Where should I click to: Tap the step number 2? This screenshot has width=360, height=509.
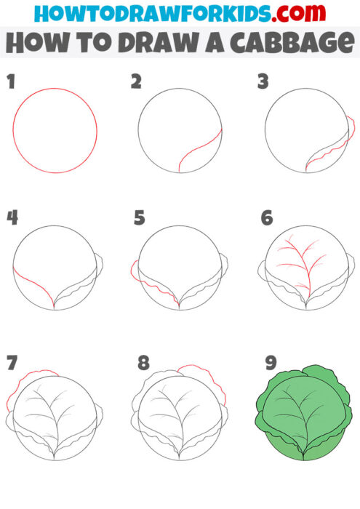pyautogui.click(x=135, y=81)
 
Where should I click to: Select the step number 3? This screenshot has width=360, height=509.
pyautogui.click(x=263, y=81)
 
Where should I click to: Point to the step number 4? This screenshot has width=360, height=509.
pyautogui.click(x=12, y=217)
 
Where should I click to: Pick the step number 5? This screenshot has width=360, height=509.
pyautogui.click(x=139, y=217)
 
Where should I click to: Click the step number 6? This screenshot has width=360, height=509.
pyautogui.click(x=266, y=217)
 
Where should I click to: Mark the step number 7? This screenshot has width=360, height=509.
pyautogui.click(x=11, y=362)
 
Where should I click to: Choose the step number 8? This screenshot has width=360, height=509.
pyautogui.click(x=143, y=362)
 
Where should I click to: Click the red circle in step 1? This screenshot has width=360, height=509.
pyautogui.click(x=55, y=89)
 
